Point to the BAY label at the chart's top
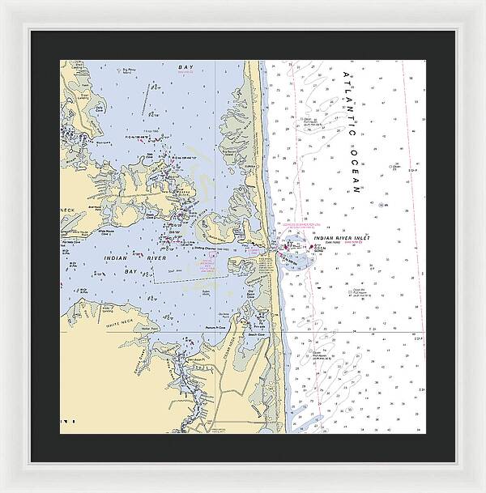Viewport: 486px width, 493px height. (187, 70)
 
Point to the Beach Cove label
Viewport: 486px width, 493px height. (258, 333)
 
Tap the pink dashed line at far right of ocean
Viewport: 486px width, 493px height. (413, 202)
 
